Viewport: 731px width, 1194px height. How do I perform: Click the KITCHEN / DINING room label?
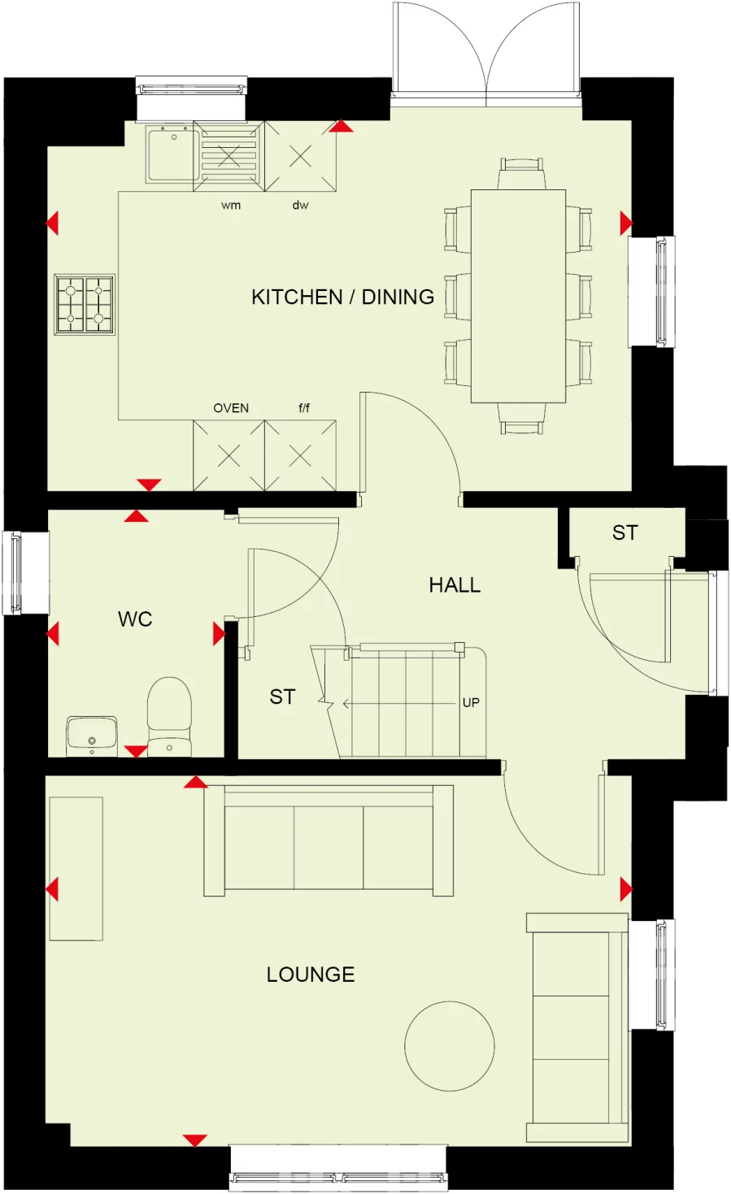[342, 297]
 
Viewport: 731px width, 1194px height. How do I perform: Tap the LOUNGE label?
[311, 975]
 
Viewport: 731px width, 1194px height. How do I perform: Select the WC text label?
[135, 619]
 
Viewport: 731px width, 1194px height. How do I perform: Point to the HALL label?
[455, 585]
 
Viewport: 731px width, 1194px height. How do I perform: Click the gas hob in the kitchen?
[85, 305]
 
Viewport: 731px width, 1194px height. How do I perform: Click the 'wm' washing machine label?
[231, 206]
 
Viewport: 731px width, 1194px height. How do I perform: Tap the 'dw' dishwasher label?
[301, 206]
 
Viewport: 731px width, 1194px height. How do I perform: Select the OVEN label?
[231, 408]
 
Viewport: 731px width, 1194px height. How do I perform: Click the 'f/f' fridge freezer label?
[304, 408]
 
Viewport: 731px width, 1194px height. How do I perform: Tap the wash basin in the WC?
[92, 735]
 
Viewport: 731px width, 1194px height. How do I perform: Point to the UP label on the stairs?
[471, 702]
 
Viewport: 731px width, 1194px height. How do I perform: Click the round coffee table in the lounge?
[450, 1046]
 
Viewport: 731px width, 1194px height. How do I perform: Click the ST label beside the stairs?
[282, 697]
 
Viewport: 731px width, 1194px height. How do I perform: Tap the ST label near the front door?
[624, 533]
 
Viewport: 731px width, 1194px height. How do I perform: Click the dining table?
[518, 296]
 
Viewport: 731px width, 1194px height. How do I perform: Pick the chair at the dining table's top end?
[520, 172]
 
